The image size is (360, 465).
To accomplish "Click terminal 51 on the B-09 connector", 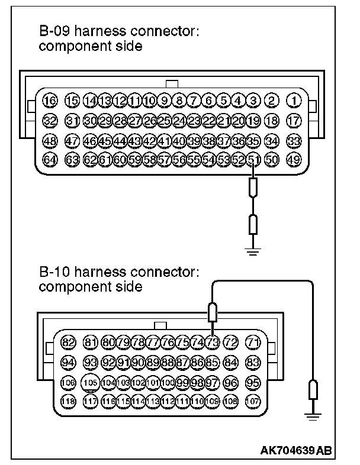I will (x=254, y=159).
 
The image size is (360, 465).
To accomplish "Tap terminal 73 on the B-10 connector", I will (x=213, y=343).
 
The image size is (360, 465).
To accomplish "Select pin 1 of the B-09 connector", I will (x=293, y=101).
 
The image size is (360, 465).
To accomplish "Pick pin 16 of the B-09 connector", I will (x=50, y=101).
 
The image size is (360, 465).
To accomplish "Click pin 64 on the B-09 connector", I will (x=50, y=159).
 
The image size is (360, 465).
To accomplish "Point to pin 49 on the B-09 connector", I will (x=293, y=159).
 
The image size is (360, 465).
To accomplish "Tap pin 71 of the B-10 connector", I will (x=253, y=343).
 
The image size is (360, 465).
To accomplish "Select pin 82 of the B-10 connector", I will (x=69, y=343).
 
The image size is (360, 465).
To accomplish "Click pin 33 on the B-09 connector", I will (x=293, y=140).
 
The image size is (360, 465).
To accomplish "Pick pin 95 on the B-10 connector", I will (x=253, y=382).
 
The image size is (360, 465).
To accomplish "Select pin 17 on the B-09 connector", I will (x=293, y=121).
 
